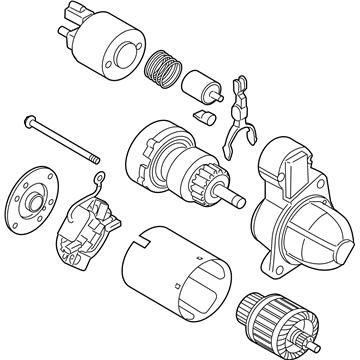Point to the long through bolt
pyautogui.click(x=60, y=140)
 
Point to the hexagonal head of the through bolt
pyautogui.click(x=26, y=124)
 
